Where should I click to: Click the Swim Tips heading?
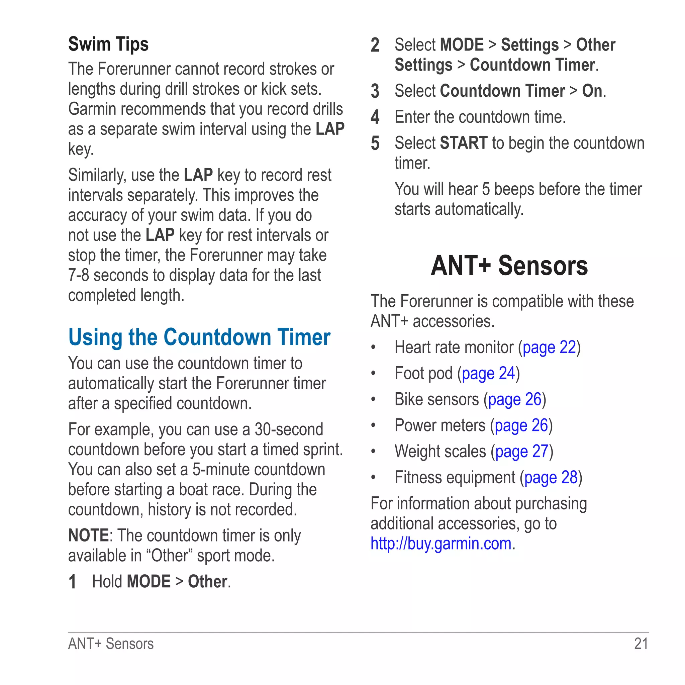(x=108, y=45)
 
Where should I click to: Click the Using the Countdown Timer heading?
(x=199, y=337)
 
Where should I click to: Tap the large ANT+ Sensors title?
(x=509, y=266)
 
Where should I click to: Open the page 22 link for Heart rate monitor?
(x=549, y=348)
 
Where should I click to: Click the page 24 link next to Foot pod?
(x=488, y=373)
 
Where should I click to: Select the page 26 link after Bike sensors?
(x=514, y=400)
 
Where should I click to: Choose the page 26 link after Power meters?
(x=521, y=425)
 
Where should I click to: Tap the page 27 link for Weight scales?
(x=522, y=452)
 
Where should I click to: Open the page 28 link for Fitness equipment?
(x=551, y=478)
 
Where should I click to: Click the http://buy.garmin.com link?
(x=441, y=544)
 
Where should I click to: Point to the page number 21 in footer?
(x=641, y=644)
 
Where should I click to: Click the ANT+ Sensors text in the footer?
(x=111, y=644)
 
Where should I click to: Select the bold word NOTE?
(x=88, y=535)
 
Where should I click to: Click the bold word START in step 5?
(x=463, y=143)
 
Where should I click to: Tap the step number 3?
(x=375, y=91)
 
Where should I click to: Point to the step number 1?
(x=72, y=582)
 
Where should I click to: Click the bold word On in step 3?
(x=592, y=91)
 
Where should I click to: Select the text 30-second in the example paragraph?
(x=289, y=429)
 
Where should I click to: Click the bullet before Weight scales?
(x=373, y=451)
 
